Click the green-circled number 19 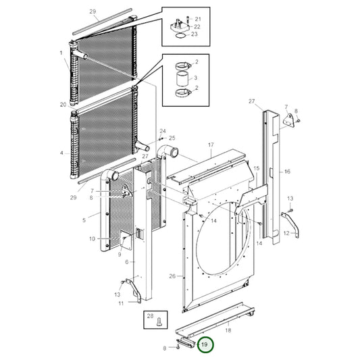click(x=205, y=344)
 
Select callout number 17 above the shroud click(x=210, y=145)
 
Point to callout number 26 click(x=172, y=276)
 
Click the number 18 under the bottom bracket click(x=228, y=330)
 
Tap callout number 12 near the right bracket click(x=286, y=234)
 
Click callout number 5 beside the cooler click(x=84, y=220)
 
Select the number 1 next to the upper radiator click(x=62, y=53)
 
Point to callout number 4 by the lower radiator click(x=62, y=152)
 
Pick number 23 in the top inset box click(x=195, y=34)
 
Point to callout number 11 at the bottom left click(x=120, y=303)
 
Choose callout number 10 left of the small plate click(x=92, y=238)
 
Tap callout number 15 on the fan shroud click(x=256, y=186)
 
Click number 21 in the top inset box click(x=197, y=18)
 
